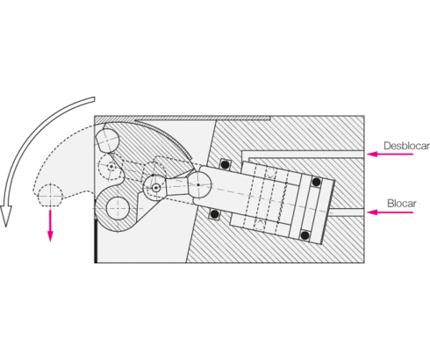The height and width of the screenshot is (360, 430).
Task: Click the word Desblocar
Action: [406, 146]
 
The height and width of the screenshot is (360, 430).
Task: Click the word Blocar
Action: [402, 203]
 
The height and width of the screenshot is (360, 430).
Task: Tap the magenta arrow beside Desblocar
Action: [390, 154]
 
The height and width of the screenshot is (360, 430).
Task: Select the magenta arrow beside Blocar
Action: [390, 212]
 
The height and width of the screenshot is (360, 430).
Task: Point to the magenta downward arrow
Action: [50, 226]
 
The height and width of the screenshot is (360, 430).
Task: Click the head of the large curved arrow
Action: [6, 215]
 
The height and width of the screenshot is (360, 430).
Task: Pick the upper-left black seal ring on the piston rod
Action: [225, 164]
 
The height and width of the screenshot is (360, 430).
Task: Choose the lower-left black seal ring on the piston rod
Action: [214, 214]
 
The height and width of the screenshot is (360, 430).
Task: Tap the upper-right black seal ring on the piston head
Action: [316, 182]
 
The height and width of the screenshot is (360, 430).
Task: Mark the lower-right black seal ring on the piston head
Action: [305, 235]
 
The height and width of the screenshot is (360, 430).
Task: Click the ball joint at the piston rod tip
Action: [198, 184]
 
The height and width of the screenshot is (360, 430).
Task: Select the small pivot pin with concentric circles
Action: [156, 188]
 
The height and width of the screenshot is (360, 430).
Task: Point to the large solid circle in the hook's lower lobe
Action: [118, 208]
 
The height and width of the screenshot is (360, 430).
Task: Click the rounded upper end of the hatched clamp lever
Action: [107, 140]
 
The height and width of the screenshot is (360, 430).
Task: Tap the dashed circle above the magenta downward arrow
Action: [50, 195]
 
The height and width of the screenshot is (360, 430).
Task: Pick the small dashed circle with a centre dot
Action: [111, 167]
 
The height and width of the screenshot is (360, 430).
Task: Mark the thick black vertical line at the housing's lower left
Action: [96, 241]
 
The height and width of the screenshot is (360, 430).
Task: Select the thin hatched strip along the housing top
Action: [183, 119]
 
